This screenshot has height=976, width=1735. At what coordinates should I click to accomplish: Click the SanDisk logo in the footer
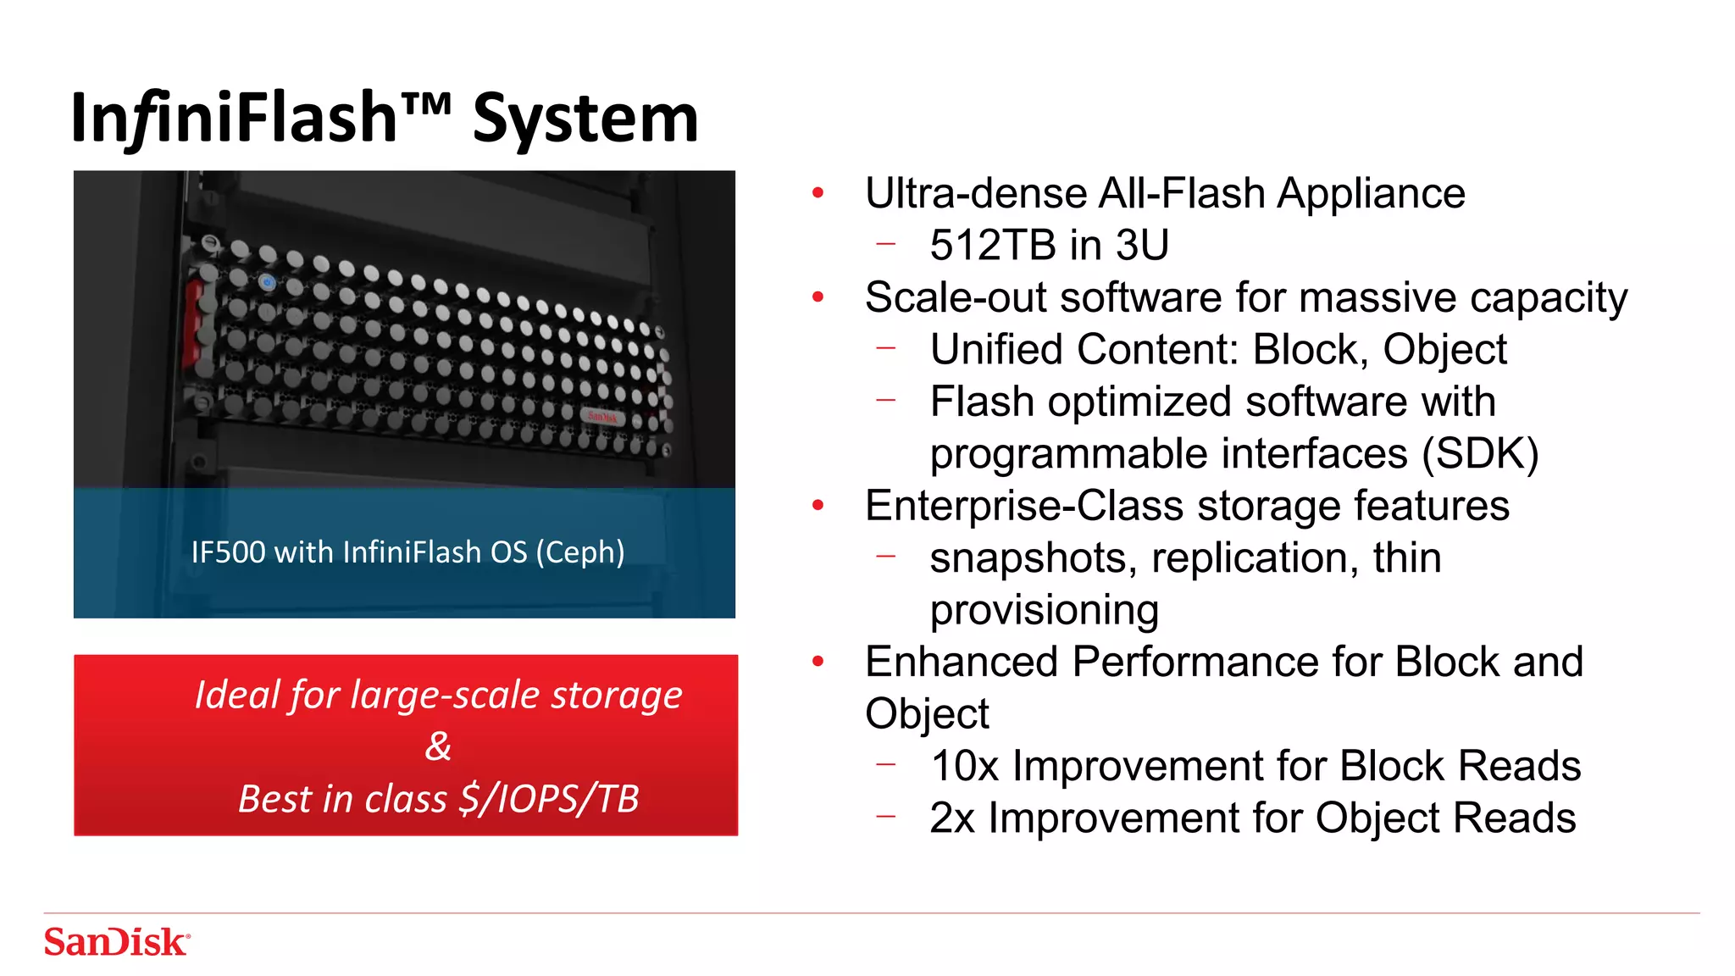pyautogui.click(x=117, y=942)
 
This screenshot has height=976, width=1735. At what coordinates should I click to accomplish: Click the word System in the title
pyautogui.click(x=585, y=119)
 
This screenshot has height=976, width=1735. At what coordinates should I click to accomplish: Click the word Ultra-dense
pyautogui.click(x=975, y=193)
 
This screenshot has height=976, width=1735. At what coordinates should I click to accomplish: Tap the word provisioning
pyautogui.click(x=1044, y=611)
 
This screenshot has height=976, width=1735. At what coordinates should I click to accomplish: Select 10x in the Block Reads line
pyautogui.click(x=964, y=767)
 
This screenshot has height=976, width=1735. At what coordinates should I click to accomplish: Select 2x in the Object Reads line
pyautogui.click(x=951, y=818)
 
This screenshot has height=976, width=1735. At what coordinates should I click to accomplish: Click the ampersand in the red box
pyautogui.click(x=438, y=746)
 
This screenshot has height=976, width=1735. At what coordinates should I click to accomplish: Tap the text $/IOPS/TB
pyautogui.click(x=549, y=799)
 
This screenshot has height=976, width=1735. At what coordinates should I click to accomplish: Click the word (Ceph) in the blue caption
pyautogui.click(x=580, y=552)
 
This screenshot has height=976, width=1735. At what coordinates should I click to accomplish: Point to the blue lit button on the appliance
pyautogui.click(x=268, y=283)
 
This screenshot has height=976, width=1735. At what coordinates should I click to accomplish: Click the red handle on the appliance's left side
pyautogui.click(x=193, y=322)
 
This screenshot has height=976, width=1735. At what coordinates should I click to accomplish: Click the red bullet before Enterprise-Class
pyautogui.click(x=818, y=506)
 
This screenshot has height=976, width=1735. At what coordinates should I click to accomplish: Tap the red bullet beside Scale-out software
pyautogui.click(x=818, y=297)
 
